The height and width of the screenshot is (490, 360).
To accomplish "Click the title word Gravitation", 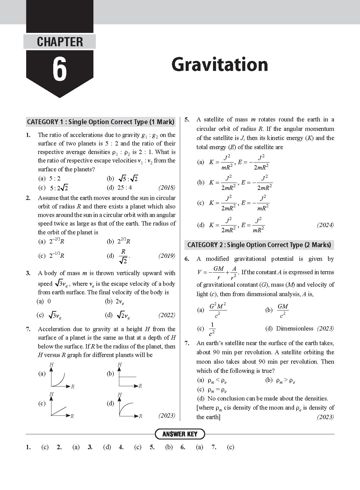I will click(x=219, y=65).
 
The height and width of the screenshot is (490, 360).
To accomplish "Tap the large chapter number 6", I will click(x=60, y=70).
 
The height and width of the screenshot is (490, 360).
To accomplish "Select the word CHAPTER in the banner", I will click(x=60, y=42).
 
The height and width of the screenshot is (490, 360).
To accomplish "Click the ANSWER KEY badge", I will click(x=180, y=434).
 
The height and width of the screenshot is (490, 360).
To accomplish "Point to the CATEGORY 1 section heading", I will click(x=101, y=122).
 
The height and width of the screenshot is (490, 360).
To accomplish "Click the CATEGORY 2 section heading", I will click(x=259, y=245).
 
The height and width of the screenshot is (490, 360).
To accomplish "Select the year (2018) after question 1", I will click(x=167, y=187).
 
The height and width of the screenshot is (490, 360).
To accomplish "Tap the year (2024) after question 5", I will click(x=325, y=225).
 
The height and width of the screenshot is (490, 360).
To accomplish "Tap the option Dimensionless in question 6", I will click(x=294, y=329).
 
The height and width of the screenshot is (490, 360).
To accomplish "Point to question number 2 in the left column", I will click(x=28, y=198).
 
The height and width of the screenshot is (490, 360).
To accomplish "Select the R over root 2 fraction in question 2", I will click(x=123, y=256).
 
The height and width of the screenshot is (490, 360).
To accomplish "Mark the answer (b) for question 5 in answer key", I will click(x=169, y=447).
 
